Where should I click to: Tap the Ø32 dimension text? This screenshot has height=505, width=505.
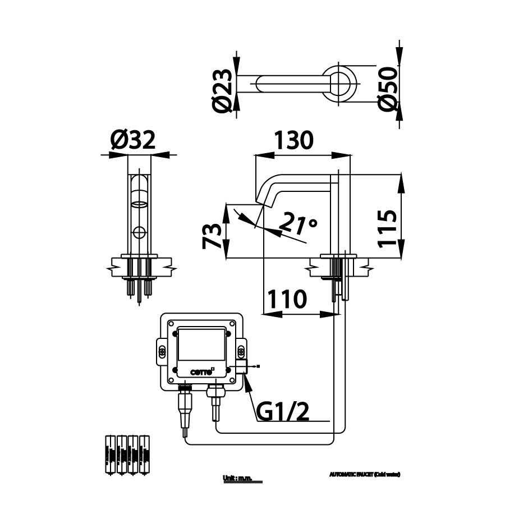pyautogui.click(x=132, y=140)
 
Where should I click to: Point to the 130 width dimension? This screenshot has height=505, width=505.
pyautogui.click(x=293, y=140)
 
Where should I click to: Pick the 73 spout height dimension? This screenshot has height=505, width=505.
pyautogui.click(x=212, y=236)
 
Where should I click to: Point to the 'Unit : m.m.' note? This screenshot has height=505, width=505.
pyautogui.click(x=238, y=478)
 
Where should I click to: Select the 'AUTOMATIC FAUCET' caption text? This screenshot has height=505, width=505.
pyautogui.click(x=365, y=474)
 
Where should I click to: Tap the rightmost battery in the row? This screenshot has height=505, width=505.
pyautogui.click(x=145, y=454)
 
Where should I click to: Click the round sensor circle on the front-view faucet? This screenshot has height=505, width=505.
pyautogui.click(x=139, y=231)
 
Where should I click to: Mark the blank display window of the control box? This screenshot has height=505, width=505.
pyautogui.click(x=200, y=345)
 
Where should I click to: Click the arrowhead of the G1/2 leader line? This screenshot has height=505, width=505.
pyautogui.click(x=247, y=383)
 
